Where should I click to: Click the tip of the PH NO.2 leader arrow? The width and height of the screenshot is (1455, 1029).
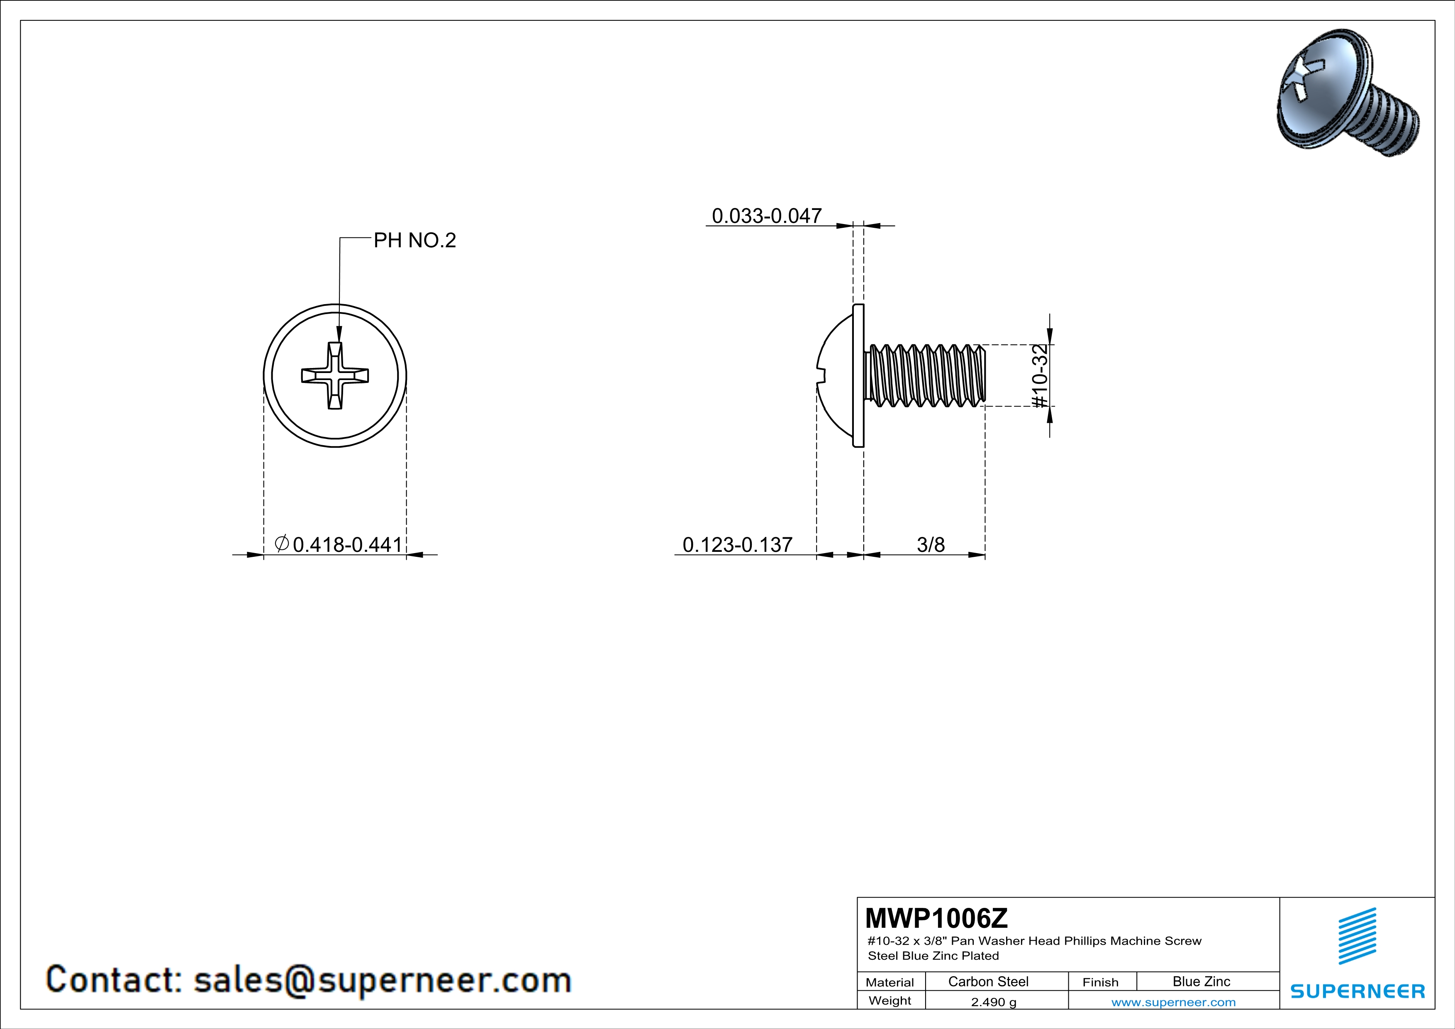[339, 343]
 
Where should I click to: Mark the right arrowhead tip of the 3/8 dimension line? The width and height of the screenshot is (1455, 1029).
[985, 555]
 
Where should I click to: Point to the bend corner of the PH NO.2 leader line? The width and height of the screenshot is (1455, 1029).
[340, 238]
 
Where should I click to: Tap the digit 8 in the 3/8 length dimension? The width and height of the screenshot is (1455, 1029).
[939, 545]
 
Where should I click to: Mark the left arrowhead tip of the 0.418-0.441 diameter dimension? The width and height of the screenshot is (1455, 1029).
[263, 555]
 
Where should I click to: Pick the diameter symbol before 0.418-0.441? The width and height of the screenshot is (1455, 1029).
[282, 543]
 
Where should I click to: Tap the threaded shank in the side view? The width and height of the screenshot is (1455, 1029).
[925, 375]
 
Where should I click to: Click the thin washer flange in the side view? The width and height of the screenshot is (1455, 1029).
[859, 376]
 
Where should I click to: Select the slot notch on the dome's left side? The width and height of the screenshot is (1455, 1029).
[821, 376]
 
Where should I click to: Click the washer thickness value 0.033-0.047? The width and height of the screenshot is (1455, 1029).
[767, 215]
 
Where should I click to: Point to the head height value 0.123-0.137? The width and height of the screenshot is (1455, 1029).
[738, 544]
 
